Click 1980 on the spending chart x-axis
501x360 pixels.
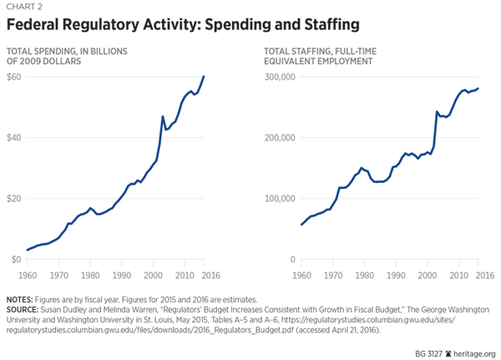click(93, 275)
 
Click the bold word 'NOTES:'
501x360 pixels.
click(23, 299)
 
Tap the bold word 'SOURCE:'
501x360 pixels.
click(25, 309)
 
